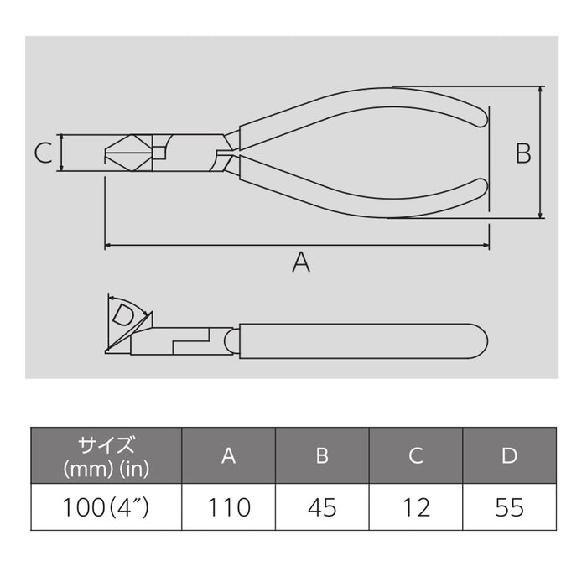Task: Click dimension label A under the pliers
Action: (x=300, y=262)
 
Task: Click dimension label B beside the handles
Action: (x=522, y=153)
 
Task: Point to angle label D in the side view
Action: (x=123, y=316)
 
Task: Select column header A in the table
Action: (x=228, y=455)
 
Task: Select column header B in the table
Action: (x=321, y=455)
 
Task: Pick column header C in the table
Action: (x=416, y=455)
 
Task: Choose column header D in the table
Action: (x=509, y=455)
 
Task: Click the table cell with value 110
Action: (x=228, y=506)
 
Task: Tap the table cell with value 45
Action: (x=321, y=506)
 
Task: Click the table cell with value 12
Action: (x=416, y=506)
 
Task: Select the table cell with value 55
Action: (x=509, y=506)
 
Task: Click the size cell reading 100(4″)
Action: (x=106, y=506)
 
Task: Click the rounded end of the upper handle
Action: (x=480, y=116)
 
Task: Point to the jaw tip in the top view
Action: (x=107, y=153)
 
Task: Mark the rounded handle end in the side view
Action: (x=481, y=340)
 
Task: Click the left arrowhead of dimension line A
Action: (x=108, y=246)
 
